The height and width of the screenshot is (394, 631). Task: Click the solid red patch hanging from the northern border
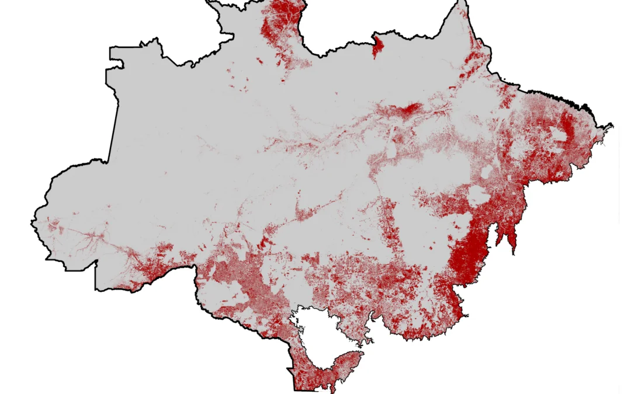click(x=377, y=46)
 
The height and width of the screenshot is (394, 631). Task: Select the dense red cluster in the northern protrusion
click(x=279, y=18)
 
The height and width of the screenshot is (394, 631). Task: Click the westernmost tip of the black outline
click(x=32, y=221)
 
